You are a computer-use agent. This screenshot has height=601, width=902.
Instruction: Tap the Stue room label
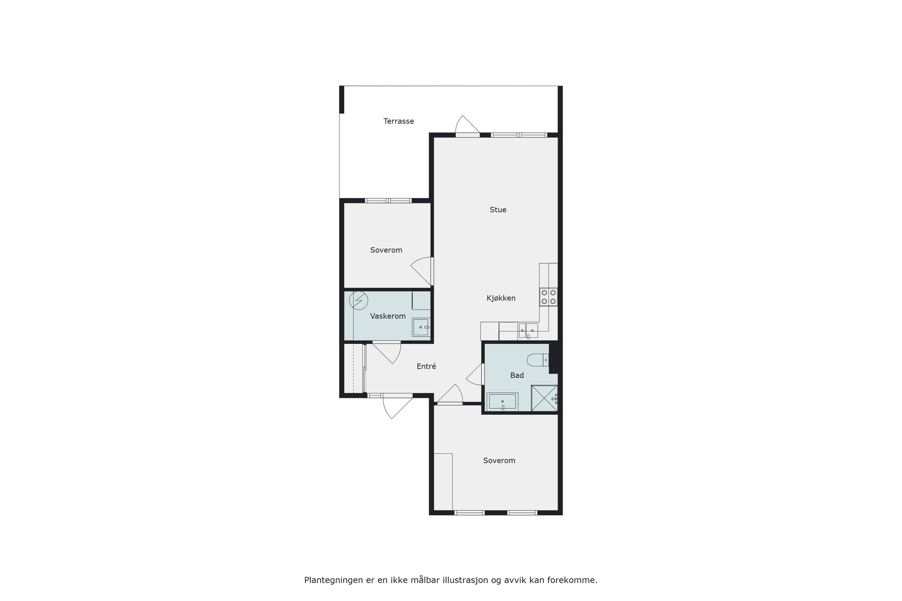click(498, 210)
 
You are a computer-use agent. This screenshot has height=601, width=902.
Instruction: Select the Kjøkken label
click(501, 298)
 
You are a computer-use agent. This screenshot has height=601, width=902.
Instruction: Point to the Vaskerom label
click(388, 316)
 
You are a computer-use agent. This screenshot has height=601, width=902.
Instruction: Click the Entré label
click(426, 366)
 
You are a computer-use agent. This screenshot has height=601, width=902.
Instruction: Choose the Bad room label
click(517, 376)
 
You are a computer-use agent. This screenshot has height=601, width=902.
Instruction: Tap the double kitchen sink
click(528, 330)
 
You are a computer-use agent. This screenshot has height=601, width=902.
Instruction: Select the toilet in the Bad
click(538, 360)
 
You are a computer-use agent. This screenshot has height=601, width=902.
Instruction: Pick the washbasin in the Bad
click(502, 402)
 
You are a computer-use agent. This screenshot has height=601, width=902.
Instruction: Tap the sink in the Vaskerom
click(421, 327)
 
